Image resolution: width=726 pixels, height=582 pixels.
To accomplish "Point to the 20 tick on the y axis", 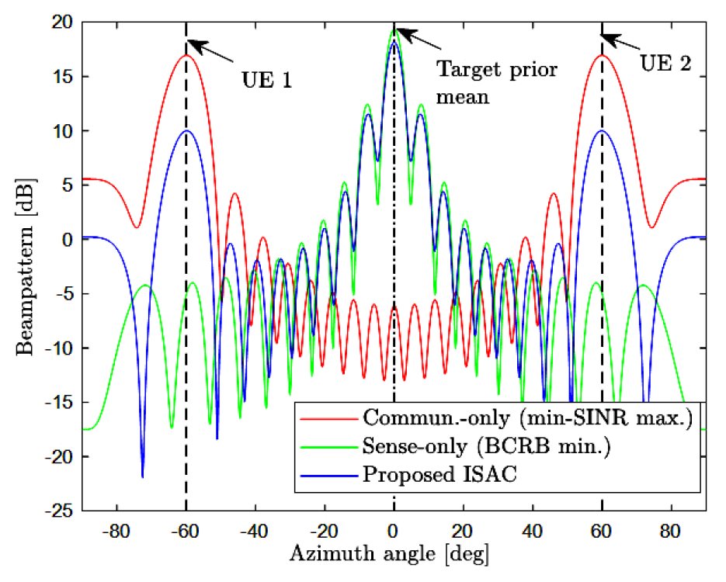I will click(63, 23).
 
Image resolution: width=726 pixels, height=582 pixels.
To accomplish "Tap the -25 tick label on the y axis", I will click(59, 511).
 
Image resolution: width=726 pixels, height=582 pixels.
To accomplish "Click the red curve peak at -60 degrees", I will click(186, 55).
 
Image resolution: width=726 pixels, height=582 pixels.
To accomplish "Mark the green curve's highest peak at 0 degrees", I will click(394, 29).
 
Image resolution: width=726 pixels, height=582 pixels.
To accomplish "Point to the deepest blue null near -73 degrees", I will click(142, 476).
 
